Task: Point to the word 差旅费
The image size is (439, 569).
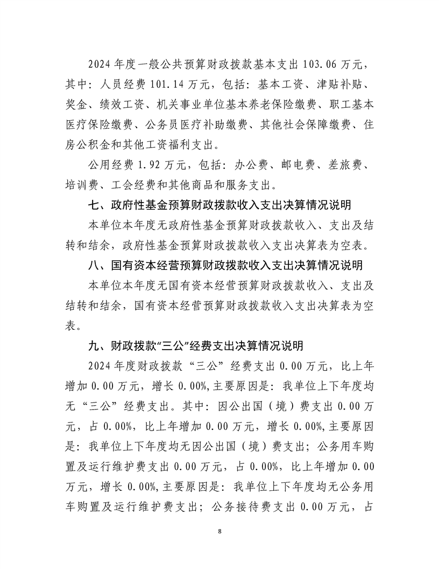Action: coord(353,164)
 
